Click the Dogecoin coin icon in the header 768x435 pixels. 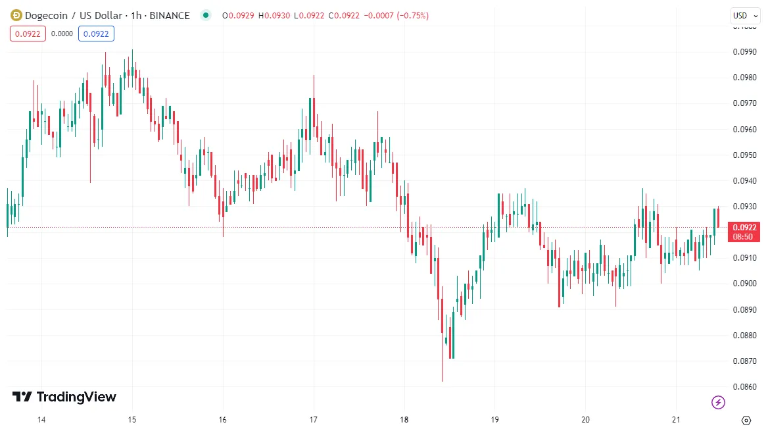click(x=16, y=15)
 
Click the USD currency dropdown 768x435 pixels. click(x=744, y=15)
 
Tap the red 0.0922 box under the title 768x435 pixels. click(x=28, y=34)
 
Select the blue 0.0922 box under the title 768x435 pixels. click(x=96, y=34)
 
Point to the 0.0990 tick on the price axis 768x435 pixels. click(x=744, y=51)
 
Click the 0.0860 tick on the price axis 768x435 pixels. click(x=744, y=387)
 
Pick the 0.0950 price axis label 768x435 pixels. click(x=744, y=155)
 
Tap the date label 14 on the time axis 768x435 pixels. click(x=41, y=420)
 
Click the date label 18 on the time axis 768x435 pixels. click(x=404, y=420)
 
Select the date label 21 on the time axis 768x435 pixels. click(x=676, y=420)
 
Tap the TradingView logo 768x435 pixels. click(x=64, y=397)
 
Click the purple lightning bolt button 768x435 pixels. click(x=719, y=401)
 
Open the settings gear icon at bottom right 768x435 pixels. click(x=746, y=420)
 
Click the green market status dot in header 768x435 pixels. click(x=206, y=15)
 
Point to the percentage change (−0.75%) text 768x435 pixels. click(x=409, y=15)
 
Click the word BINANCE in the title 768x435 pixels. click(x=170, y=15)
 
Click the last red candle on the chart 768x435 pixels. click(x=719, y=217)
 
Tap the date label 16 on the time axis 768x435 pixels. click(x=223, y=420)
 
